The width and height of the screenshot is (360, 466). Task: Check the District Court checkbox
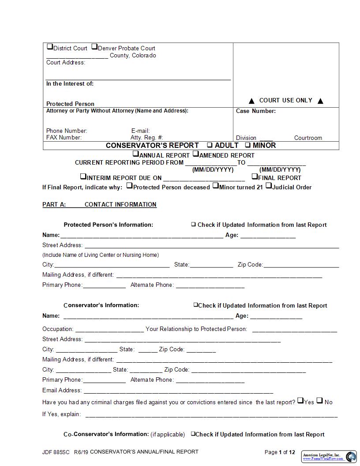pos(50,47)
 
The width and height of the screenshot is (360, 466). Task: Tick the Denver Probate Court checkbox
pos(94,47)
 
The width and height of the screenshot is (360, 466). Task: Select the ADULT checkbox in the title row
pos(210,145)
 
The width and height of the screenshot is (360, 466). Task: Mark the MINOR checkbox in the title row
pos(248,145)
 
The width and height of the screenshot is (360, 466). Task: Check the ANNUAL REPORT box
pos(136,154)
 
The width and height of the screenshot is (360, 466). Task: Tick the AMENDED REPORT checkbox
pos(196,154)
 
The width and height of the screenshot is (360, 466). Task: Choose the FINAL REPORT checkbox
pos(255,177)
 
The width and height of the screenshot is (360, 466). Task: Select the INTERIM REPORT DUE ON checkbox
pos(83,177)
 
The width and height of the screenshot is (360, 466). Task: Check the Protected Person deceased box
pos(129,186)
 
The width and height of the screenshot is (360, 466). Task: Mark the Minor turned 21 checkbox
pos(215,186)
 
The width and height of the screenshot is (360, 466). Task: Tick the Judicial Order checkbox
pos(268,186)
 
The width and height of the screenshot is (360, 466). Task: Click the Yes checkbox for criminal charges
pos(300,401)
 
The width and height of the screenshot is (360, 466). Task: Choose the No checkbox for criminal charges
pos(320,401)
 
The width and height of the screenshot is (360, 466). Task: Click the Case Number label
pos(256,111)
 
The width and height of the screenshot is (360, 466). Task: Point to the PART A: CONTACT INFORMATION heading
pos(99,204)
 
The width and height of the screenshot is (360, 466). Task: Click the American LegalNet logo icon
pos(351,456)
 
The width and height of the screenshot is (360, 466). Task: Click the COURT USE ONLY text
pos(285,101)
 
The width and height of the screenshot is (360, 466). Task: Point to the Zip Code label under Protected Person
pos(250,265)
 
